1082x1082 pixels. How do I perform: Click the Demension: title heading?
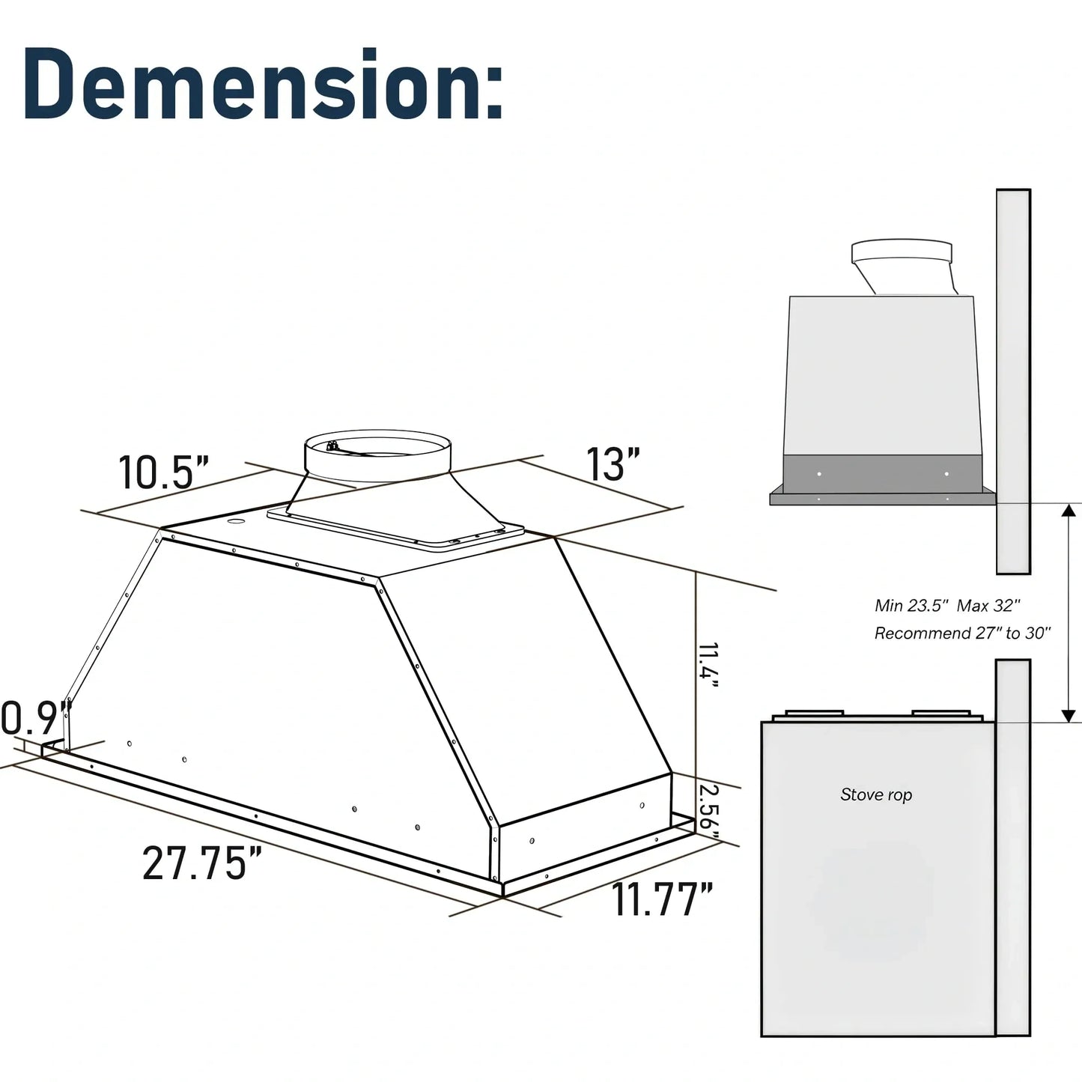tap(262, 84)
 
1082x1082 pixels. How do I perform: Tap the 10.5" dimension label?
tap(163, 472)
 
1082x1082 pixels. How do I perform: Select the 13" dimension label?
tap(613, 464)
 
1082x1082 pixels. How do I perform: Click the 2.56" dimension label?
tap(708, 807)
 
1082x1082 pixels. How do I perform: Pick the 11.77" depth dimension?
tap(662, 899)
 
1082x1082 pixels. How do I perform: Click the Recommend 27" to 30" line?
tap(962, 633)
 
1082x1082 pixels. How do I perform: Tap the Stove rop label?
tap(876, 794)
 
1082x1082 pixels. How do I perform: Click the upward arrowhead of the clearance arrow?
tap(1070, 511)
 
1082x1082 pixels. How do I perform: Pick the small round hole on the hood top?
tap(236, 521)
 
